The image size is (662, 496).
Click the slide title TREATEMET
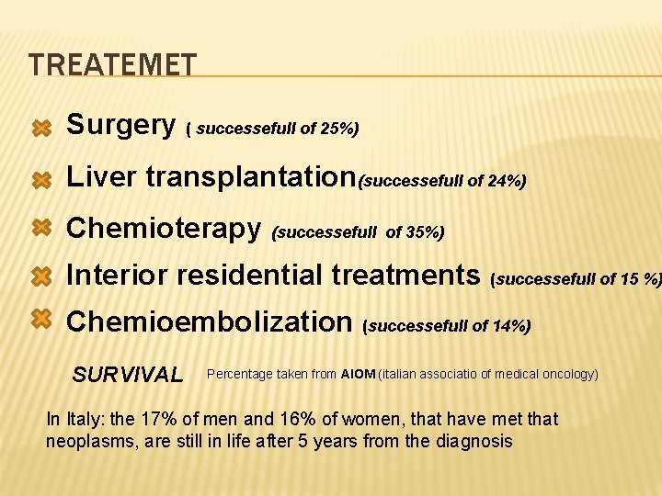pos(112,64)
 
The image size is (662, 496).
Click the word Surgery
pos(121,124)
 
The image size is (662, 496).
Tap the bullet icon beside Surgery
pos(40,130)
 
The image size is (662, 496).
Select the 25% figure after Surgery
pos(337,130)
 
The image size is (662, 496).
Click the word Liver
pos(99,176)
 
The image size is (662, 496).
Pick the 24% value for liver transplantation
pos(504,182)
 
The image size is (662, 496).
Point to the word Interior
pos(117,274)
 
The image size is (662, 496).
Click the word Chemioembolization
pos(210,321)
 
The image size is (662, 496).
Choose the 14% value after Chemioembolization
pos(510,326)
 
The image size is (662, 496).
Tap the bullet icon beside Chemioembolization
pos(40,318)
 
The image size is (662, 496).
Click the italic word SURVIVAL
pos(128,375)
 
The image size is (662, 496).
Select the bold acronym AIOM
pos(358,374)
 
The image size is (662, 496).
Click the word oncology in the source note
pos(569,374)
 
